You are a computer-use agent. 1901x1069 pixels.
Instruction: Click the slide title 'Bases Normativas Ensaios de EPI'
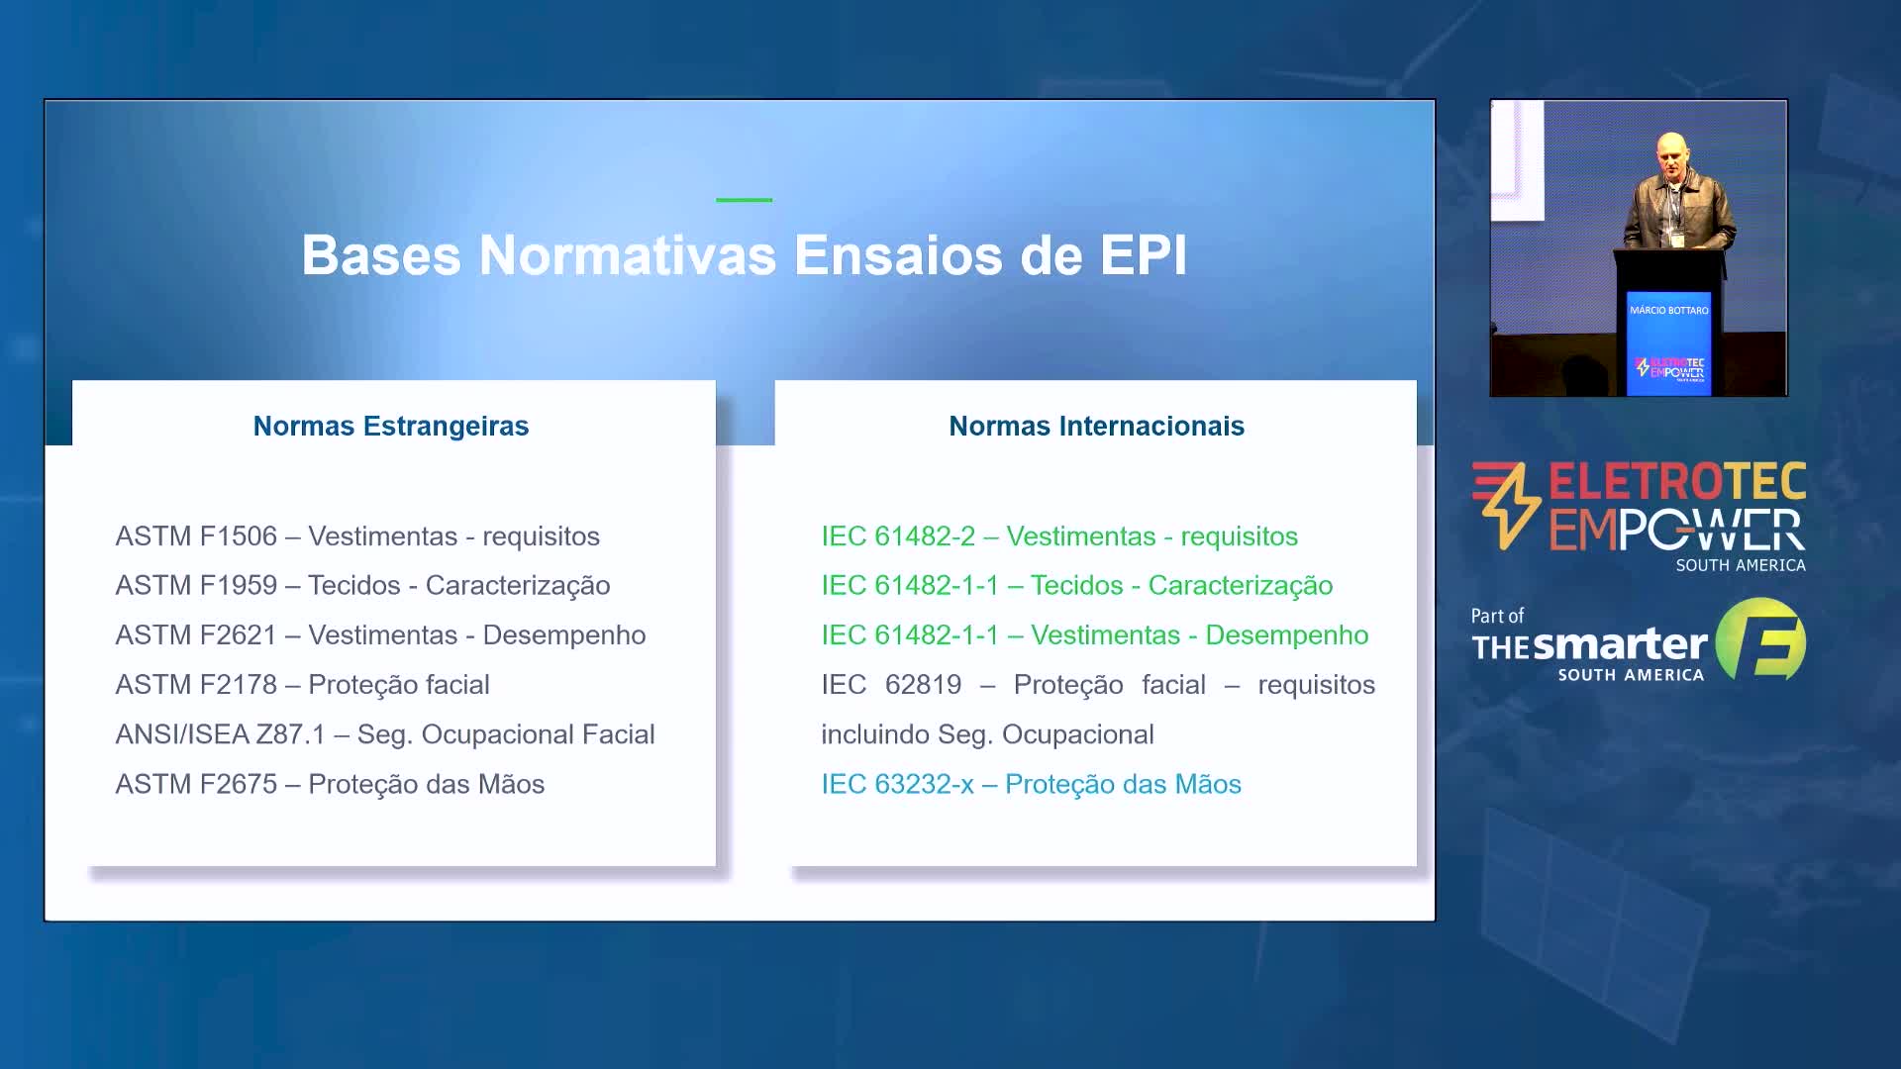744,255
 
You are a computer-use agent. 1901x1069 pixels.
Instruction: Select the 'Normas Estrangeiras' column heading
391,426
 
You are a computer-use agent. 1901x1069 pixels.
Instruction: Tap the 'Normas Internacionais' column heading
1096,426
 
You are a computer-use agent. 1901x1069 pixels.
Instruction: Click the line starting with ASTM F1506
357,536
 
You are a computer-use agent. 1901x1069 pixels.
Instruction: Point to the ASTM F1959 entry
362,586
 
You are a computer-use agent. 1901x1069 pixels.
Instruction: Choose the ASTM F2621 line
380,635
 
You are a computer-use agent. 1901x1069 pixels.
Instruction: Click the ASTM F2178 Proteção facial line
302,685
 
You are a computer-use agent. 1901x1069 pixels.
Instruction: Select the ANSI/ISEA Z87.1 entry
385,734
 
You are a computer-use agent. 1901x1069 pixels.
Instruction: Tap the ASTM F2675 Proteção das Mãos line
330,784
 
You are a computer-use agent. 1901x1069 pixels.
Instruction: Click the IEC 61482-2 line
1059,536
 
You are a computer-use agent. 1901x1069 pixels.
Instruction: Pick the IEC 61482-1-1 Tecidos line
1077,586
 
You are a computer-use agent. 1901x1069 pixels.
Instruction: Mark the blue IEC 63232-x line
1031,784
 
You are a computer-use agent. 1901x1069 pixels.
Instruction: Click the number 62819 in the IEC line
923,685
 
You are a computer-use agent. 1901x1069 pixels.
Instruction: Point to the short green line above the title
744,200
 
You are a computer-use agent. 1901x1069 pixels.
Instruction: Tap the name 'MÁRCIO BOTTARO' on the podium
1669,311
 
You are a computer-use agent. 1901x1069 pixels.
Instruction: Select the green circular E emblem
1760,640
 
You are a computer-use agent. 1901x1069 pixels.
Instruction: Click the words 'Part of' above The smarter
1497,616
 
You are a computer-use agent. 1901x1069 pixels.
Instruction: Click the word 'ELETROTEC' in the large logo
1677,482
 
